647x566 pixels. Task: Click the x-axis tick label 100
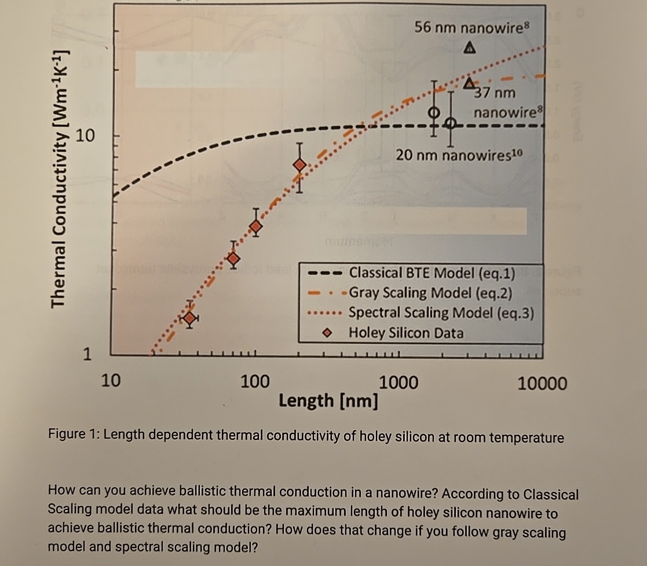pos(255,381)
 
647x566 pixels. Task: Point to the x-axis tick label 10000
pos(542,383)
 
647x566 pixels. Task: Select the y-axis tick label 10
pos(85,136)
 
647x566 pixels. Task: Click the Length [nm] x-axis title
pos(328,400)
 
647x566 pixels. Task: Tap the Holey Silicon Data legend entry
pos(405,333)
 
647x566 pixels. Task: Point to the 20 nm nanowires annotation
pos(459,155)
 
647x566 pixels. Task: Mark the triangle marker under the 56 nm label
pos(470,46)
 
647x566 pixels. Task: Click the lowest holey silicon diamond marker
pos(189,317)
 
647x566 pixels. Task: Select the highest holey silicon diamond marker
pos(299,165)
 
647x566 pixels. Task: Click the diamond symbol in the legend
pos(327,333)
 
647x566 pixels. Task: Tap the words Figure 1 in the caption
pos(72,436)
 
